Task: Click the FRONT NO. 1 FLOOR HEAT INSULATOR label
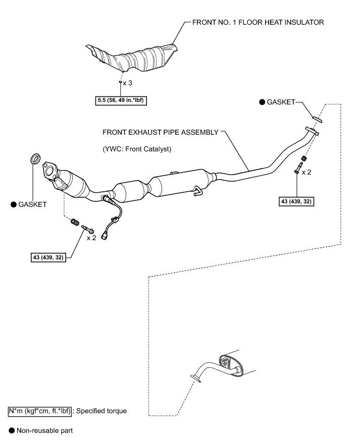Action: coord(258,22)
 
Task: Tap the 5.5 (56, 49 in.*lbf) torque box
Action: coord(121,100)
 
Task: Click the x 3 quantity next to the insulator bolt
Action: coord(127,82)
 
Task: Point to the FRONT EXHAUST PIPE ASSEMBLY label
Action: coord(161,132)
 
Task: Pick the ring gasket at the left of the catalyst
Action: coord(35,158)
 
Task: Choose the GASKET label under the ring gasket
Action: coord(29,204)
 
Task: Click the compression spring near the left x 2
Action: coord(74,221)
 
